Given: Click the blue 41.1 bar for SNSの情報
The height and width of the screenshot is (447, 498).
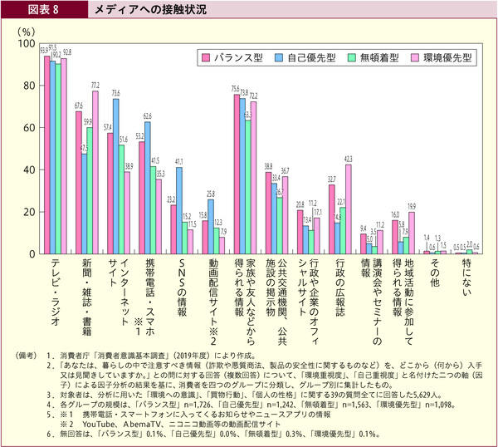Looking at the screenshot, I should [180, 210].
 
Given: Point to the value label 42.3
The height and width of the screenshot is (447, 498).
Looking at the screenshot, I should [348, 158].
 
